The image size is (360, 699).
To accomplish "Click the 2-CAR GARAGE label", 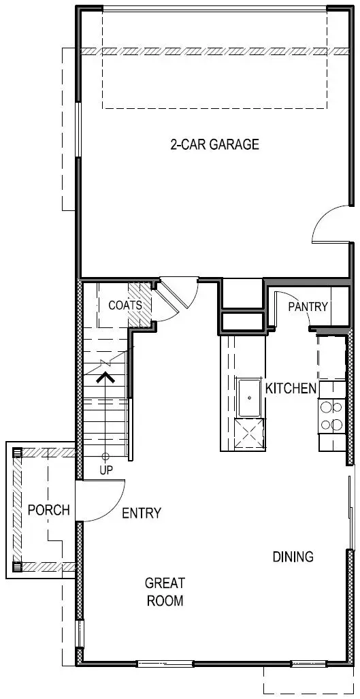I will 214,144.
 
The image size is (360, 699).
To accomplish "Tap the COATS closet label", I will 125,305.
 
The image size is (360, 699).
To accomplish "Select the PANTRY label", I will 308,307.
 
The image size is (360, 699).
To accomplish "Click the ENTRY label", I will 142,513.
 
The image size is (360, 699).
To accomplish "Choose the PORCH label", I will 48,509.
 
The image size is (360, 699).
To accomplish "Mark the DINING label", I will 293,557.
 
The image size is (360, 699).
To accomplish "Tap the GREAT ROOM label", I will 164,591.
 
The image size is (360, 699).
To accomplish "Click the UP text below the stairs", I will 105,470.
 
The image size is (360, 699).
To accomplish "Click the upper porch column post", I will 18,452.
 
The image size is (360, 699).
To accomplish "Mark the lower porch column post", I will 18,566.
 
